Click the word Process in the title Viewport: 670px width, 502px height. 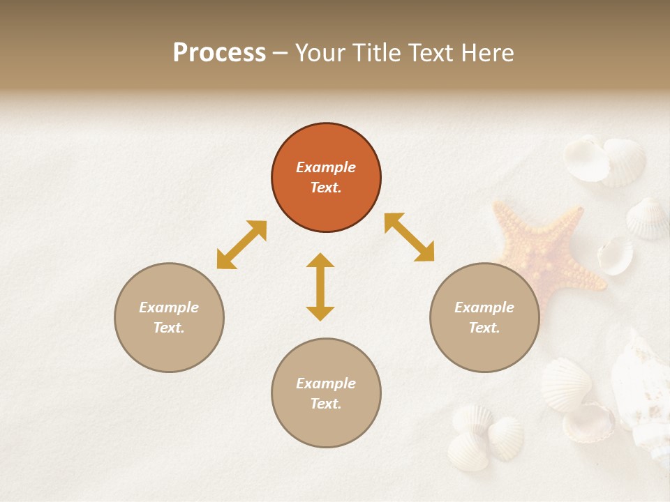[219, 53]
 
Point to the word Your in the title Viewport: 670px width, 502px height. [319, 53]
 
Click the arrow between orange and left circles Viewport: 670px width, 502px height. [241, 245]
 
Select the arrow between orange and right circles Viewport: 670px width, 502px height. [409, 237]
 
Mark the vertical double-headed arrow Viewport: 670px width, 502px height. [320, 287]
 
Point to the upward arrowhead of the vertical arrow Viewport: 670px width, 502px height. [320, 260]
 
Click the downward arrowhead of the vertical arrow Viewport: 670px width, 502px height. [320, 313]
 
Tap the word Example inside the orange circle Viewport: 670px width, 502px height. [326, 167]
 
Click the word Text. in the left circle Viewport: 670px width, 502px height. [169, 328]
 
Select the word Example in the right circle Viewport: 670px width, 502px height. [484, 307]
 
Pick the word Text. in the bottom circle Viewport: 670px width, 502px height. [326, 404]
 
